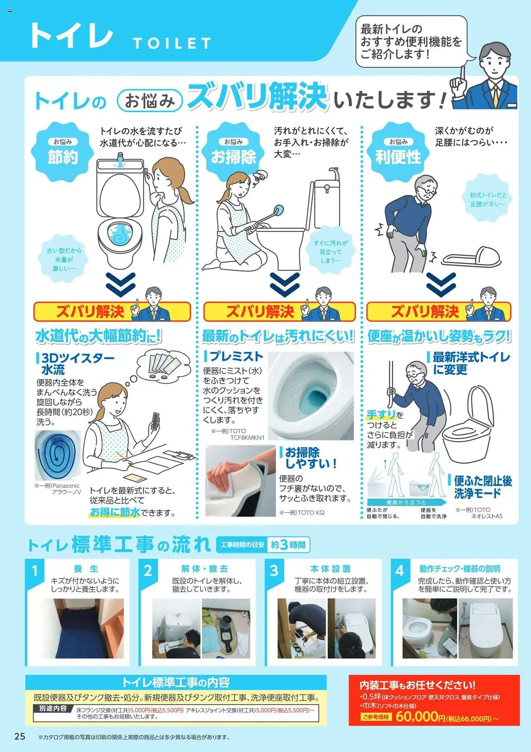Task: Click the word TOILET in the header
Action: pos(172,43)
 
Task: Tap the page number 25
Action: pos(19,736)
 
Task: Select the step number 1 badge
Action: pos(34,571)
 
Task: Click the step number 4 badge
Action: pos(399,571)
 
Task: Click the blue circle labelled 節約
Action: pos(62,152)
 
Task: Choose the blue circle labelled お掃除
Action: pos(234,152)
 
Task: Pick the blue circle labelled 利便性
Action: pos(398,152)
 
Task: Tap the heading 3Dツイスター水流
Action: pos(76,364)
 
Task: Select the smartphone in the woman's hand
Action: pos(155,421)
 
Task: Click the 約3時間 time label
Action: pos(288,545)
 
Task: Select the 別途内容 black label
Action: pos(53,708)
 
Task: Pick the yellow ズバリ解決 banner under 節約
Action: pos(112,311)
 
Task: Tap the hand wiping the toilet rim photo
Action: pos(240,480)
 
